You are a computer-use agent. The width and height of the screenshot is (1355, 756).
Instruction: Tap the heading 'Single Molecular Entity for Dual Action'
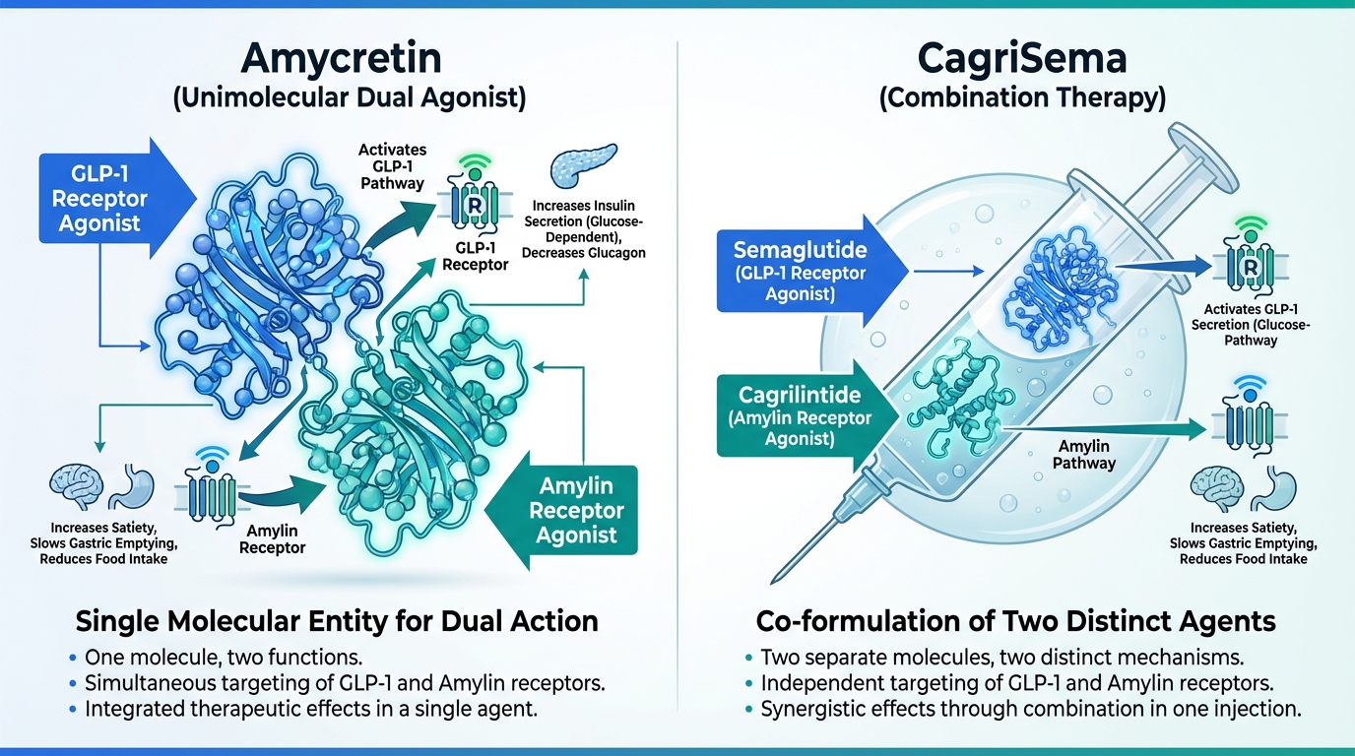click(337, 621)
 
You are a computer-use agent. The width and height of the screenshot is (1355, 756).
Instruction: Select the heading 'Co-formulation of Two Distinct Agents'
click(1015, 621)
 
